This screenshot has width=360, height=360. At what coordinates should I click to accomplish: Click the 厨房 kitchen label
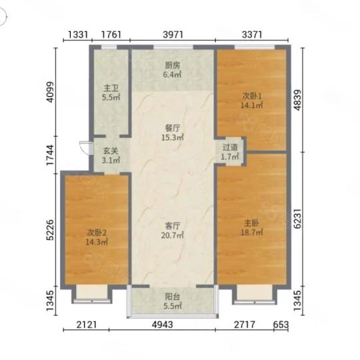click(173, 66)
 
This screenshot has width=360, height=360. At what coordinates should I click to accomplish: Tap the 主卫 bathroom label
click(111, 88)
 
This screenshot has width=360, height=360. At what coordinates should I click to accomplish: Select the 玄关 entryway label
click(111, 151)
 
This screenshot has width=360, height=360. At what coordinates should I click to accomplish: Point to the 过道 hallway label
click(230, 147)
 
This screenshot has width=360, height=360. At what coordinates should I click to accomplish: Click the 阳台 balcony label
click(173, 297)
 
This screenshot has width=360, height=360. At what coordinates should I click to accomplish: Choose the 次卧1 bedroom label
click(252, 96)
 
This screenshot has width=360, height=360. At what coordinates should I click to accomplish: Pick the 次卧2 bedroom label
click(97, 233)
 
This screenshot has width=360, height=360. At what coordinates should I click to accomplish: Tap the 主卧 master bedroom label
click(251, 223)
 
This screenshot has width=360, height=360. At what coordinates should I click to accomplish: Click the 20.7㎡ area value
click(172, 235)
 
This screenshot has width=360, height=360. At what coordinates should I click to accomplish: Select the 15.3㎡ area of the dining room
click(173, 137)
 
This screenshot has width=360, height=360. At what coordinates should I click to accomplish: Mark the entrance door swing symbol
click(85, 147)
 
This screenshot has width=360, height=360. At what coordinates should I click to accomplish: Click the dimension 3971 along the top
click(173, 35)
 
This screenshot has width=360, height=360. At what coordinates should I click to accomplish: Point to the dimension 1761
click(111, 35)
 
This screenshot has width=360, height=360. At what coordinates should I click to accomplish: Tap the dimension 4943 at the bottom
click(162, 325)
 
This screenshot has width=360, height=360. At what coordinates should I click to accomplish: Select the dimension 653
click(281, 325)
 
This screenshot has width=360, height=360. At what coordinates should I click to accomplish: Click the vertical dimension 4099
click(50, 92)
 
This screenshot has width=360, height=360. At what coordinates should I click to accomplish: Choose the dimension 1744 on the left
click(50, 155)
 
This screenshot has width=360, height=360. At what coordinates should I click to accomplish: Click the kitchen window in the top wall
click(173, 47)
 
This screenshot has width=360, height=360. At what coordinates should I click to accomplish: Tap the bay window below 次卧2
click(92, 294)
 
